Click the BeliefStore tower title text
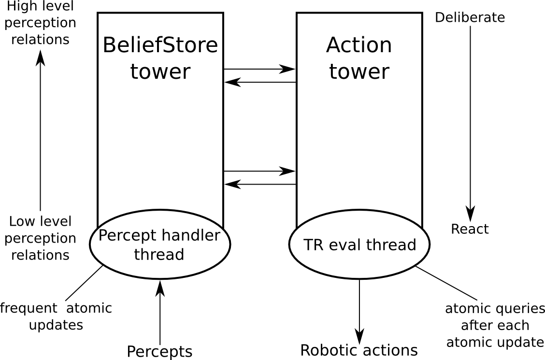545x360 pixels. tap(160, 58)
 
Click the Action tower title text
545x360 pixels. tap(359, 58)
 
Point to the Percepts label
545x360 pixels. tap(159, 351)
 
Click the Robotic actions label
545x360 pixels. tap(359, 350)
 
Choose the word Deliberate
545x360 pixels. tap(470, 18)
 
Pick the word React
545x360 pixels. tap(470, 229)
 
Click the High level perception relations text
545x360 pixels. tap(41, 23)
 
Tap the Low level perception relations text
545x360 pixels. tap(41, 238)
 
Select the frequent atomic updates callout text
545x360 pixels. tap(56, 317)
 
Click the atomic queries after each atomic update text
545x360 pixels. tap(495, 325)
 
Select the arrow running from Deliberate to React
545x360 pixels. tap(470, 121)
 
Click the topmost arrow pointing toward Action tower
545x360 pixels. tap(259, 69)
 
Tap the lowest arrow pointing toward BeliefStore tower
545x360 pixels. tap(259, 184)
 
